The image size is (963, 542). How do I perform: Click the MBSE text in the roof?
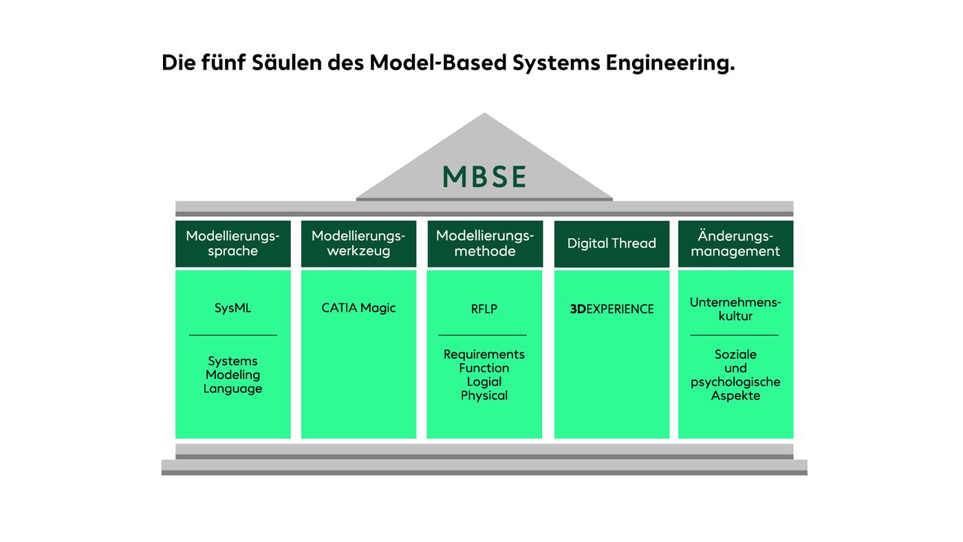click(484, 177)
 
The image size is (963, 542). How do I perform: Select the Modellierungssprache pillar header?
click(232, 243)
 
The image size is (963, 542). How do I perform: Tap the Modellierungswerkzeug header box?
click(358, 243)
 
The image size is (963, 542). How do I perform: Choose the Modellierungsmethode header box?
click(485, 243)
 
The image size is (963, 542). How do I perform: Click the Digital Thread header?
click(612, 243)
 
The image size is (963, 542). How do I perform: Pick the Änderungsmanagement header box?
click(735, 243)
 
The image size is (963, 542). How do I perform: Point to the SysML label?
click(232, 308)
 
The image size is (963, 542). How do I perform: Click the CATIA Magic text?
click(358, 308)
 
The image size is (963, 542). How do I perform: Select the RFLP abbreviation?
click(484, 309)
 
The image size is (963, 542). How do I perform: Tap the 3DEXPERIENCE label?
click(612, 309)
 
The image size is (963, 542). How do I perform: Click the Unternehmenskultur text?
click(735, 309)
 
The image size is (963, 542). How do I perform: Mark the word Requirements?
click(484, 354)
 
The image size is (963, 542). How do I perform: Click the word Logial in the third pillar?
click(484, 382)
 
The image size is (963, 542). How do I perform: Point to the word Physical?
click(484, 395)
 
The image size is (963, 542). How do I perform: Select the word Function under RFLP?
click(484, 368)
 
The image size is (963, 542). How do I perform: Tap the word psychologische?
click(735, 382)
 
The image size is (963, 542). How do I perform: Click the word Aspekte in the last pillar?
click(735, 395)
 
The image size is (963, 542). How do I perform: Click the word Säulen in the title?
click(276, 63)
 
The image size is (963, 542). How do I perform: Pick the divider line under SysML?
click(232, 335)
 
